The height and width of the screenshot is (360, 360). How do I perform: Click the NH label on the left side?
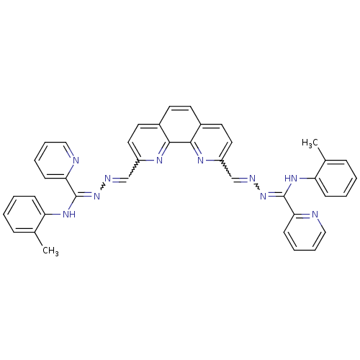pyautogui.click(x=69, y=214)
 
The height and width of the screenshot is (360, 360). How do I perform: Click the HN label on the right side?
pyautogui.click(x=290, y=179)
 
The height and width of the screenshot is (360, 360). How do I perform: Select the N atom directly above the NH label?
pyautogui.click(x=76, y=160)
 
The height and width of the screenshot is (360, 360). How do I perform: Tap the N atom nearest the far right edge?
pyautogui.click(x=315, y=215)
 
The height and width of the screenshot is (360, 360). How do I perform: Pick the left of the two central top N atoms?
pyautogui.click(x=159, y=160)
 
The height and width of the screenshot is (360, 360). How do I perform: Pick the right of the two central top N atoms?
pyautogui.click(x=201, y=160)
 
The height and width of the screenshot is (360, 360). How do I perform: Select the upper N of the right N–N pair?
pyautogui.click(x=252, y=179)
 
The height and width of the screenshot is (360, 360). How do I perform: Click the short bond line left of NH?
pyautogui.click(x=56, y=214)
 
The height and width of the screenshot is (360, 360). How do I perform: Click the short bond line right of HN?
pyautogui.click(x=303, y=178)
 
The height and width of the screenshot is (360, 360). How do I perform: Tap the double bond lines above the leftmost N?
pyautogui.click(x=71, y=152)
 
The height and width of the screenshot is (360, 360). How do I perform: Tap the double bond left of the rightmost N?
pyautogui.click(x=305, y=214)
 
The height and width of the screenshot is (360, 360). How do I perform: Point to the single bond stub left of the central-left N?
pyautogui.click(x=150, y=160)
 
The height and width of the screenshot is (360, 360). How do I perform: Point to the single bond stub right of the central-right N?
pyautogui.click(x=211, y=160)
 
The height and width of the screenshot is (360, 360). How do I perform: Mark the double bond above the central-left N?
pyautogui.click(x=163, y=152)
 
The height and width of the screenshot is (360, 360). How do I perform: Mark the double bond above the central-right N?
pyautogui.click(x=197, y=152)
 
